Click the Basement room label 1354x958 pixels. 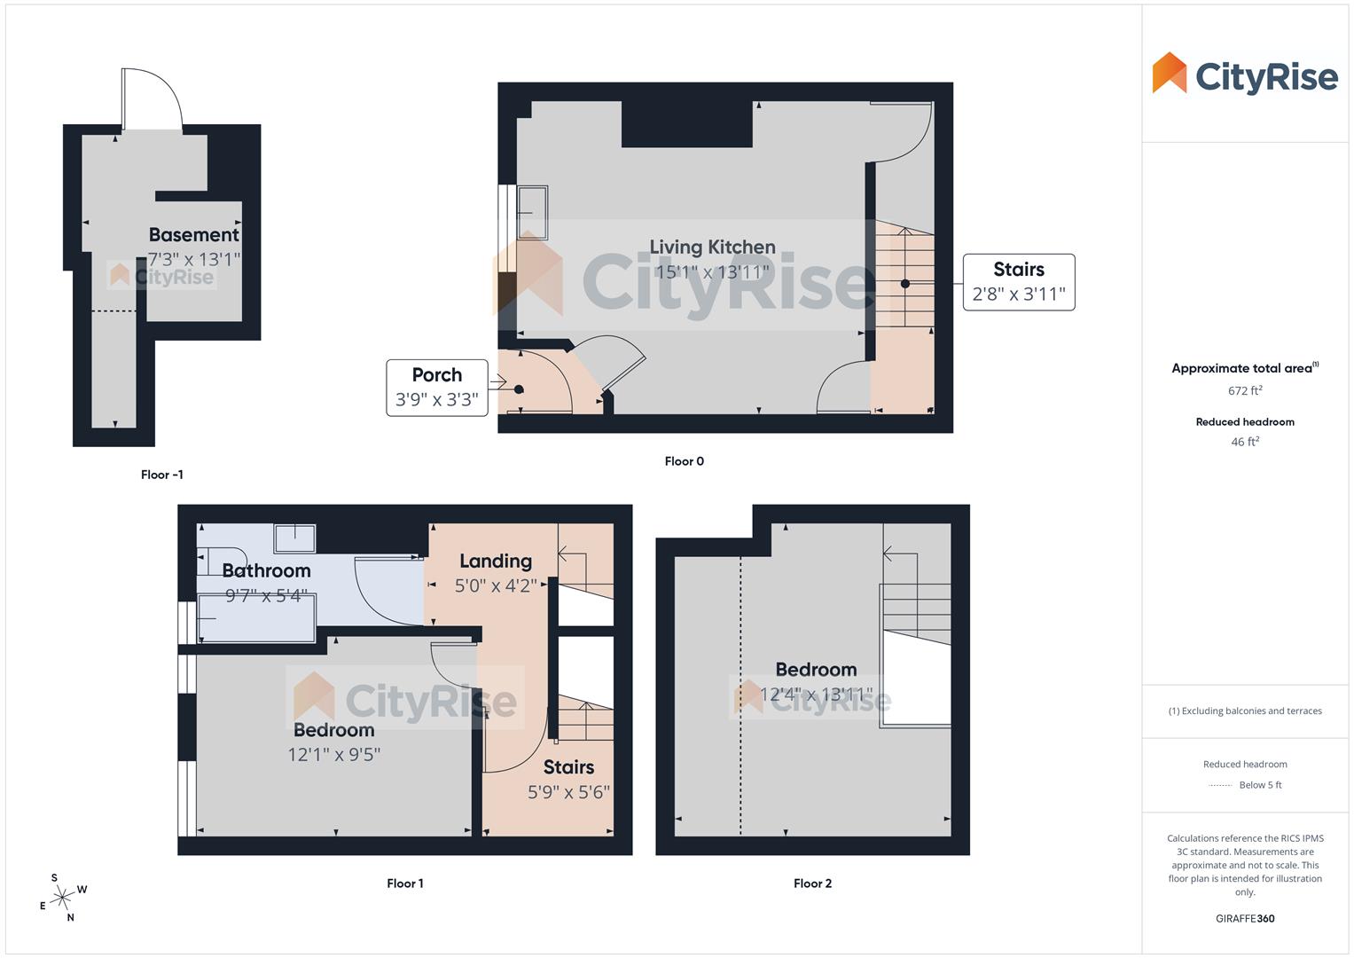pos(193,235)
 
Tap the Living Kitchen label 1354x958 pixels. pos(712,247)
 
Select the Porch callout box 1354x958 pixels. pos(437,387)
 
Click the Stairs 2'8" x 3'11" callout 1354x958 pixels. pos(1019,282)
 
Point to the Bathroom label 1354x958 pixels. pos(266,571)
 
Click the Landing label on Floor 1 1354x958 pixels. pos(496,561)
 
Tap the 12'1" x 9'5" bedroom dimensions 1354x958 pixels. pos(333,755)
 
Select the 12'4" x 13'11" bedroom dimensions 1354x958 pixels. pos(816,694)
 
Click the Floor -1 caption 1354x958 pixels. pos(162,475)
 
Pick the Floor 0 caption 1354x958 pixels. pos(685,461)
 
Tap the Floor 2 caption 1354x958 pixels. pos(812,883)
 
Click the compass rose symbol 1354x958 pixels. pos(62,899)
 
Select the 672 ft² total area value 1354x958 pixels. pos(1245,391)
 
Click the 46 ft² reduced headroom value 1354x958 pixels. pos(1245,442)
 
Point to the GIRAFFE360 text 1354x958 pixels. pos(1245,919)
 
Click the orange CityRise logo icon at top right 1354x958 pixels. pos(1169,73)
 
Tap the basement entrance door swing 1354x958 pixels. pos(152,98)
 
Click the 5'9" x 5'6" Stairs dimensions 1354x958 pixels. pos(568,792)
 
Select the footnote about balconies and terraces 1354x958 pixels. pos(1245,711)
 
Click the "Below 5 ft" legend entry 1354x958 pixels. pos(1259,785)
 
